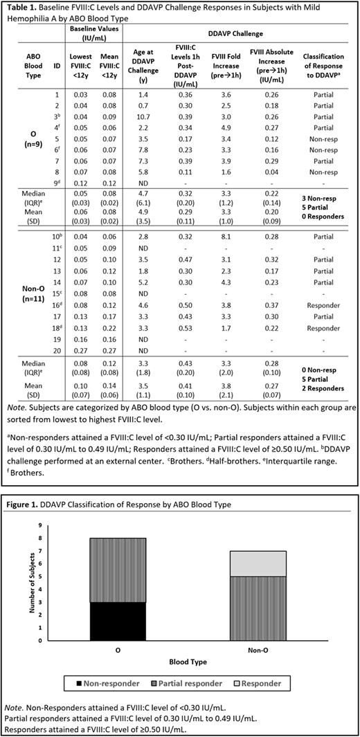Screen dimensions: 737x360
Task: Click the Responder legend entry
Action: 256,683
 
